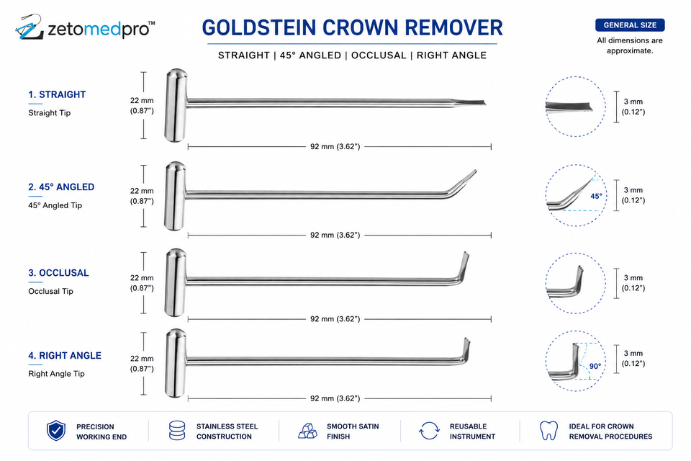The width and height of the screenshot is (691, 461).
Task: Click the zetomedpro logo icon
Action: (x=29, y=27)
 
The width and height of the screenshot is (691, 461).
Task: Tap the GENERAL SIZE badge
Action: (x=630, y=25)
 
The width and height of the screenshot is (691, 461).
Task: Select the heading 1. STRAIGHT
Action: (x=57, y=94)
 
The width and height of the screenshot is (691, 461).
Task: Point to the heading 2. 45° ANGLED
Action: (x=61, y=187)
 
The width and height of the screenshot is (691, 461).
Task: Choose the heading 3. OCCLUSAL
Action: (x=58, y=273)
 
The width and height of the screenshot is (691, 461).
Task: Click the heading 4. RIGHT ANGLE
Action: (x=65, y=356)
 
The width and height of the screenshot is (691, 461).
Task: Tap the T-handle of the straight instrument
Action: (x=176, y=105)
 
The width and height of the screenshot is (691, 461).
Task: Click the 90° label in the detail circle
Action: (x=595, y=366)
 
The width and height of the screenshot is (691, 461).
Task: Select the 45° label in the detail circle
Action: (x=596, y=197)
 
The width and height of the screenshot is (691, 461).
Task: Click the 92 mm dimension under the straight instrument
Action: (x=335, y=146)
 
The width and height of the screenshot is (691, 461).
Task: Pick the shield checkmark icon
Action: (x=56, y=431)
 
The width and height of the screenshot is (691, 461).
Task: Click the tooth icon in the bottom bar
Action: (x=548, y=431)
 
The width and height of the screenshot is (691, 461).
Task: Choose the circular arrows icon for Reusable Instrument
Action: (x=429, y=431)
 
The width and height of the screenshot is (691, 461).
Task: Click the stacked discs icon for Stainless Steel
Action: (x=177, y=431)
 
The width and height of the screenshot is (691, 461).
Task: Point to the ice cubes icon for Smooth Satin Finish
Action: (x=308, y=431)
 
